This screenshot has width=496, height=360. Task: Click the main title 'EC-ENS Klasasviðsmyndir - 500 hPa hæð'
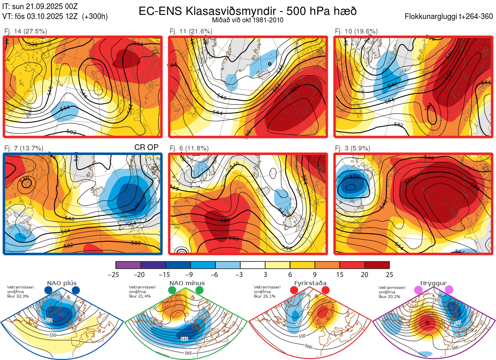coord(248,11)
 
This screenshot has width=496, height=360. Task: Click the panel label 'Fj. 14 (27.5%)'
coord(25,31)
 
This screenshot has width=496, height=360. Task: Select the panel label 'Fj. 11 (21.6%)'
coord(191,31)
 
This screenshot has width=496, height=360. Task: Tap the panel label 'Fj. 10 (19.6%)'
coord(356,31)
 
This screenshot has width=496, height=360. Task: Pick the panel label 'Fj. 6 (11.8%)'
coord(189,148)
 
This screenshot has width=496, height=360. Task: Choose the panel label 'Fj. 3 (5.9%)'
coord(353,148)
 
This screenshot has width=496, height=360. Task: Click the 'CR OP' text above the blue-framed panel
coord(146,147)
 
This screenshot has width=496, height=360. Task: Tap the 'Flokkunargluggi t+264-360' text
coord(450,17)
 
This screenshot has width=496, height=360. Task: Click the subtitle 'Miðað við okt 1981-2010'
coord(248,20)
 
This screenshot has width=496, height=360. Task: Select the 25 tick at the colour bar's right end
coord(389,274)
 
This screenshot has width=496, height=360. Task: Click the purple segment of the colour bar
coord(128,265)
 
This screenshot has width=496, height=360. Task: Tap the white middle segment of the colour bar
coord(253,265)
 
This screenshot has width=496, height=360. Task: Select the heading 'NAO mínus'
coord(187,283)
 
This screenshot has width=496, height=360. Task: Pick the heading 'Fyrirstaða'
coord(310,283)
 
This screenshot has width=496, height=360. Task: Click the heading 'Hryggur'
coord(433,283)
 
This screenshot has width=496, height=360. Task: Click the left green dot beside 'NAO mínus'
coord(172,291)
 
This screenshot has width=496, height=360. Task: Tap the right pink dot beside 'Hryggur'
coord(449,290)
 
